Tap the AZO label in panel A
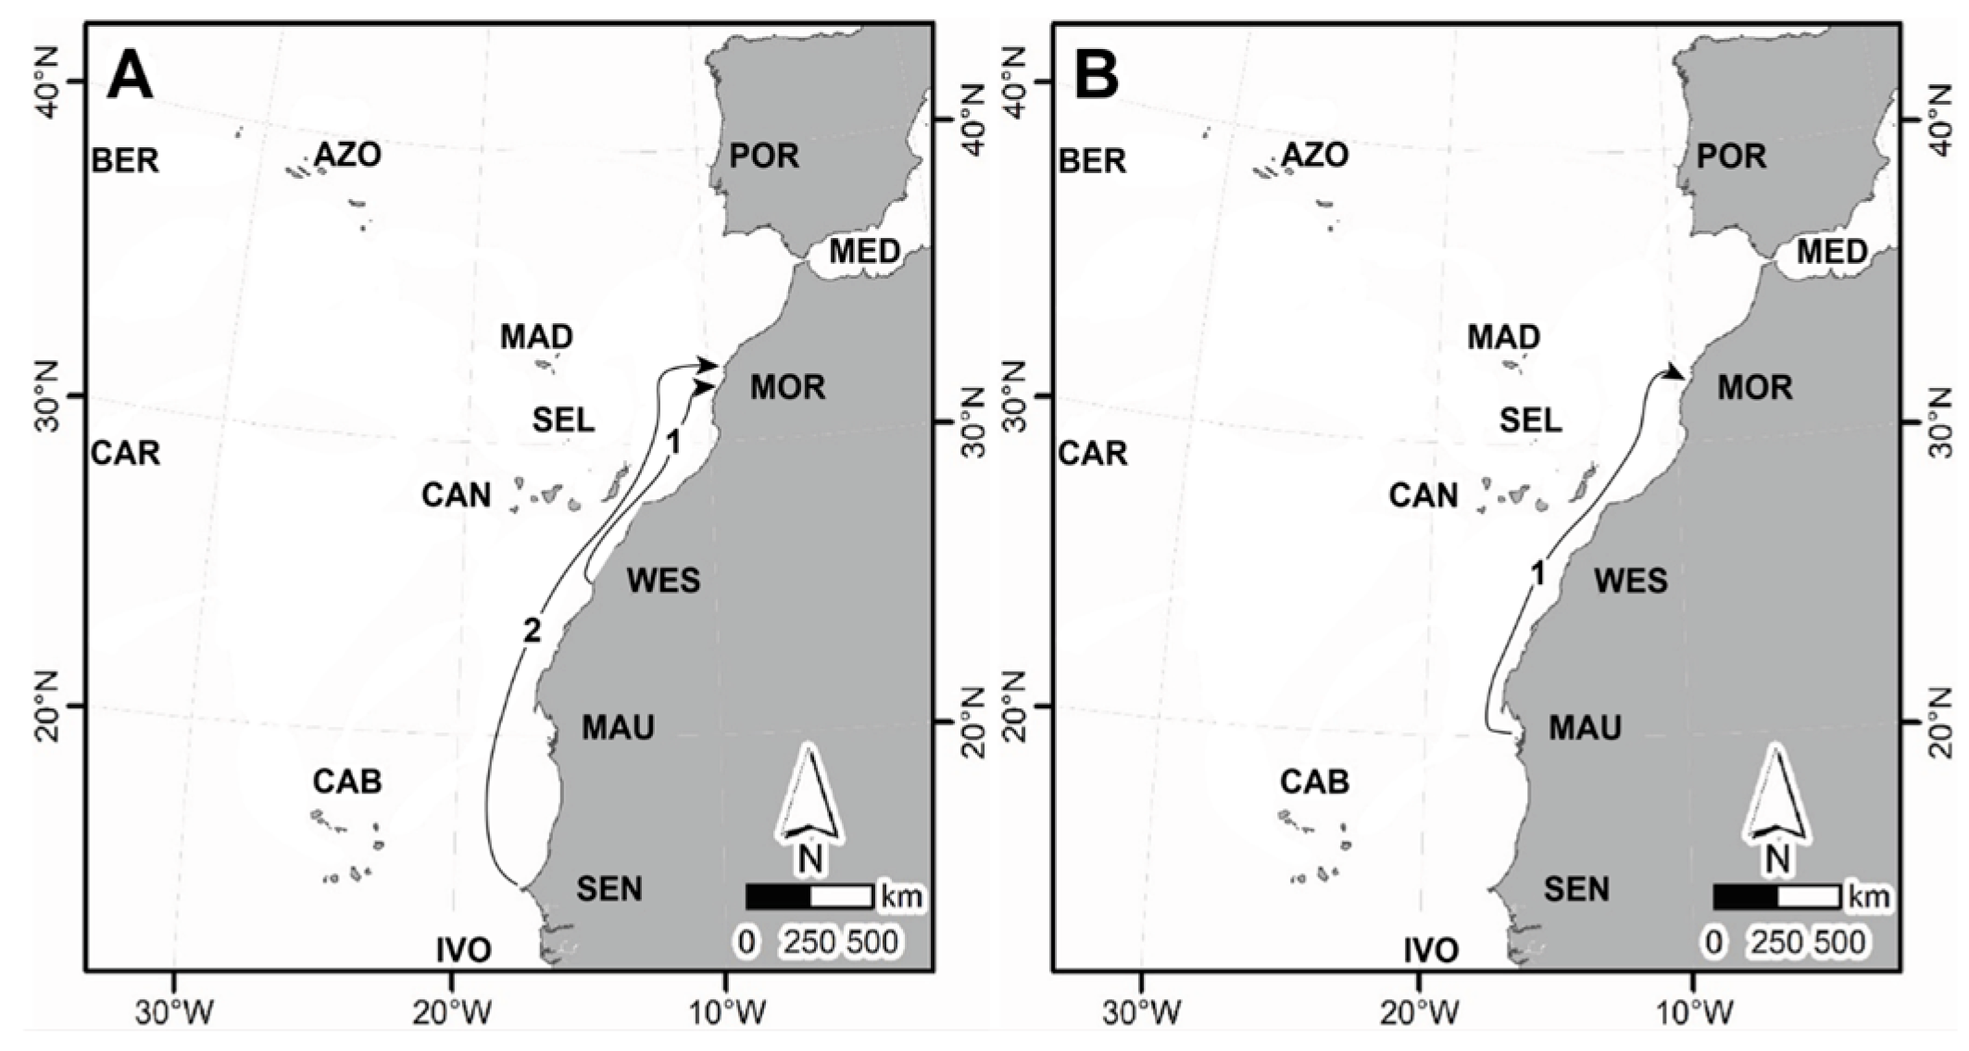[347, 155]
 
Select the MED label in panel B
[1832, 251]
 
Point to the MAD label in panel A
[536, 336]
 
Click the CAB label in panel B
[1314, 782]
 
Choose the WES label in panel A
[663, 581]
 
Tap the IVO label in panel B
[1431, 950]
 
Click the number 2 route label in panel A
[531, 631]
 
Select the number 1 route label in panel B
[1537, 575]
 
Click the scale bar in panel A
[809, 896]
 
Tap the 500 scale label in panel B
[1838, 943]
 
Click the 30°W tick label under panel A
[174, 1013]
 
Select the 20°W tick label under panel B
[1417, 1013]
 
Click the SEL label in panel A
[563, 420]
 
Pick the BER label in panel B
[1093, 161]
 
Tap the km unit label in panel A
[901, 896]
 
